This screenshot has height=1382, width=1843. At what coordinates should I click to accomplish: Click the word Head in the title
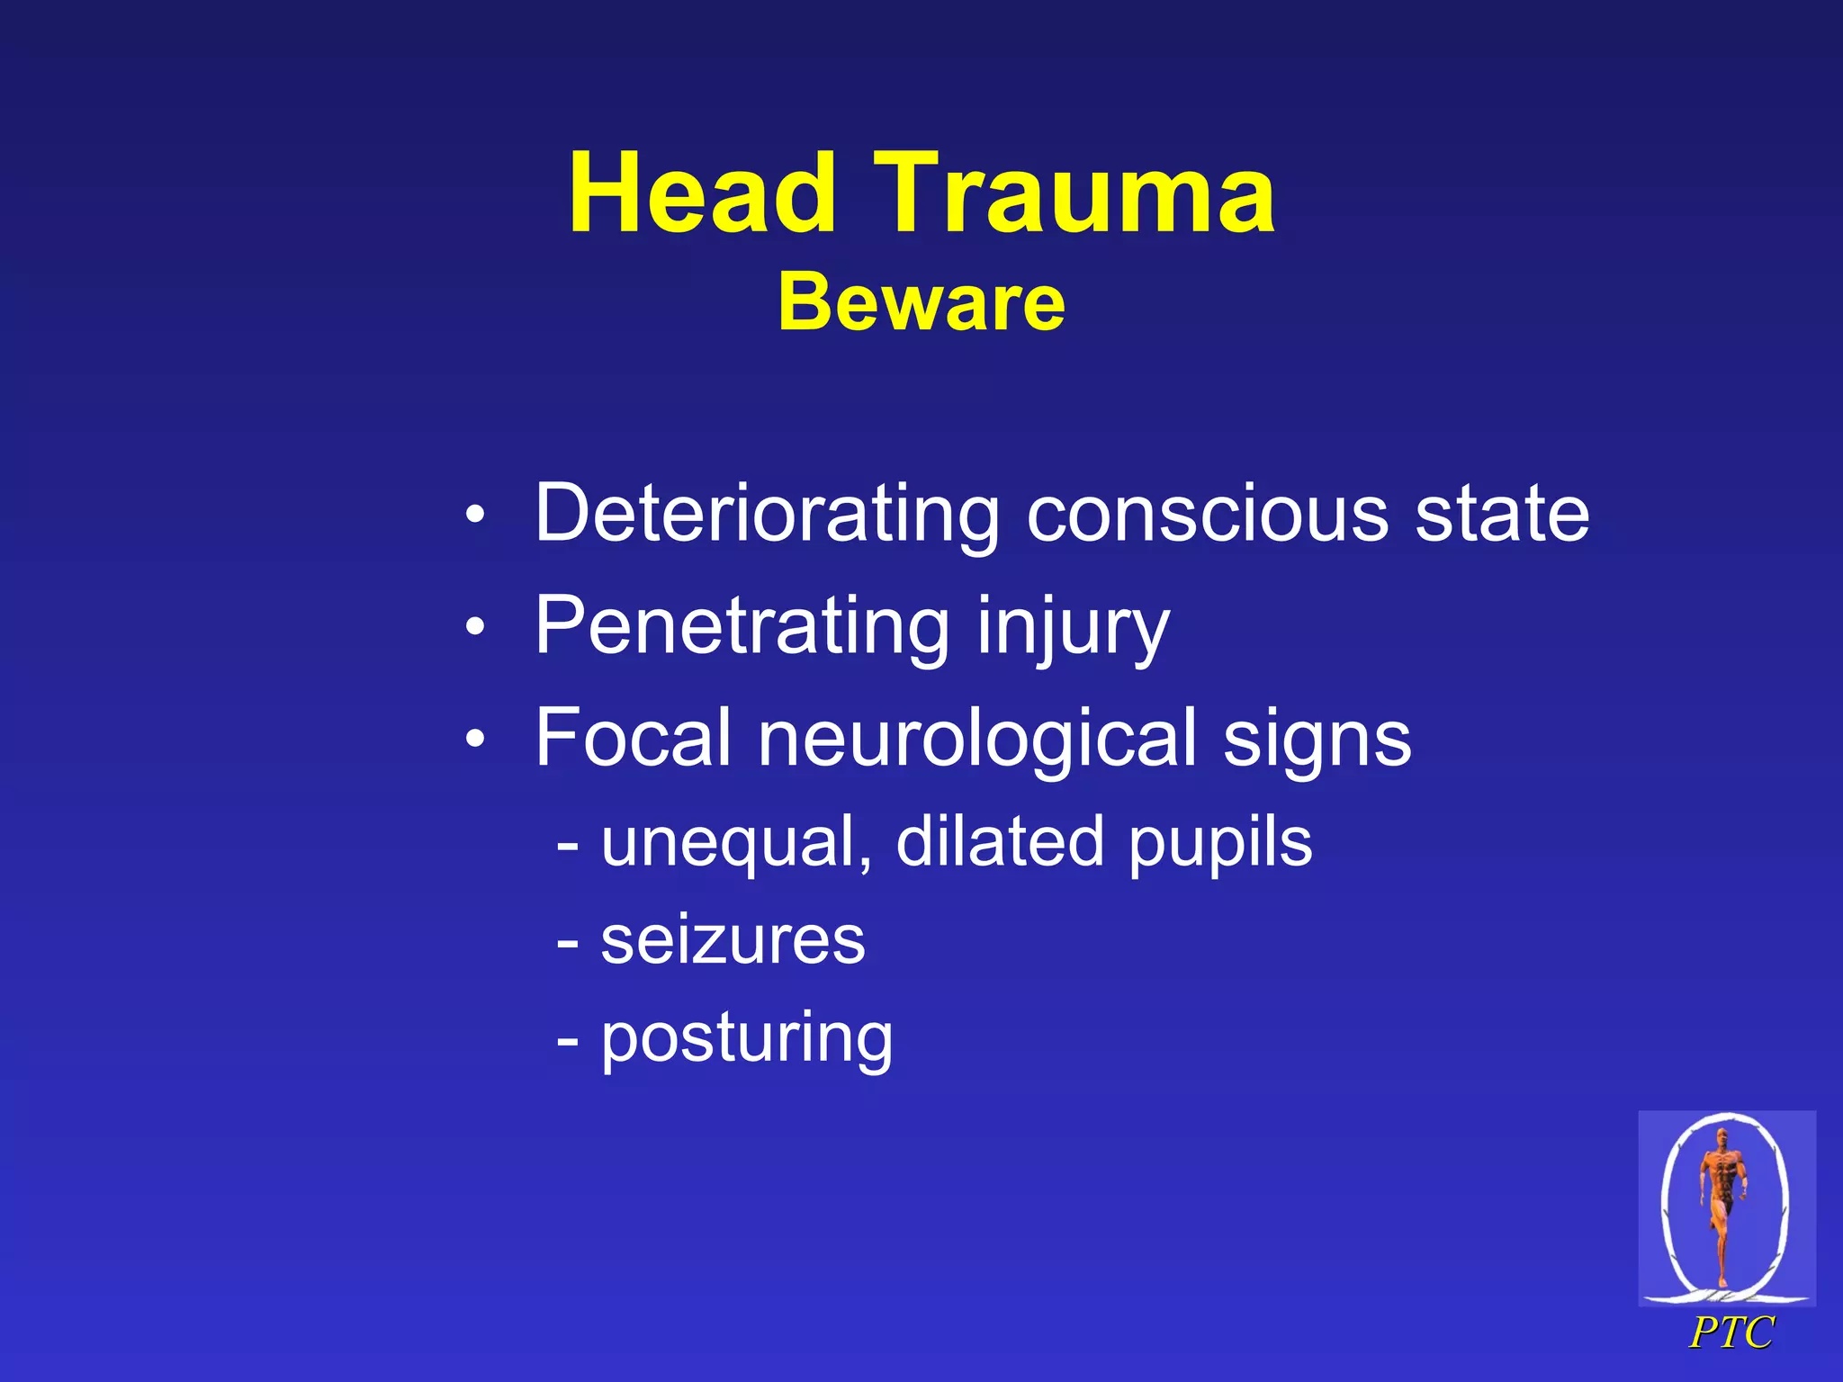(702, 194)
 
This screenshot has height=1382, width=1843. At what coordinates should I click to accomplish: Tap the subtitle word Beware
(921, 302)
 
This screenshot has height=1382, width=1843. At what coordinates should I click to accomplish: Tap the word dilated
(999, 843)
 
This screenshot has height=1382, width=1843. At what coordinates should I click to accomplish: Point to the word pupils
(1220, 843)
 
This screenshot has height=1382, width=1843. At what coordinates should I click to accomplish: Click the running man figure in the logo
(1722, 1201)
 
